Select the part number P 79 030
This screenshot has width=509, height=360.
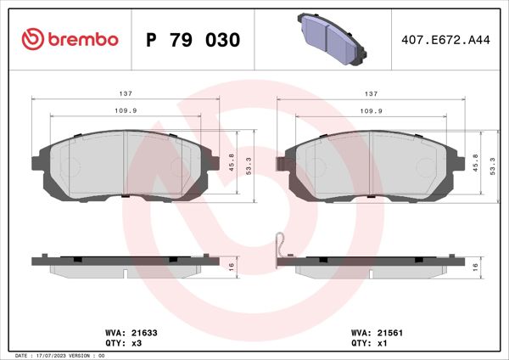coord(193,40)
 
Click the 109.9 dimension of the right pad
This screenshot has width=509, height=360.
coord(371,111)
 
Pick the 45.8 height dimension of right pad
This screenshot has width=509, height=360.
coord(477,161)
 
